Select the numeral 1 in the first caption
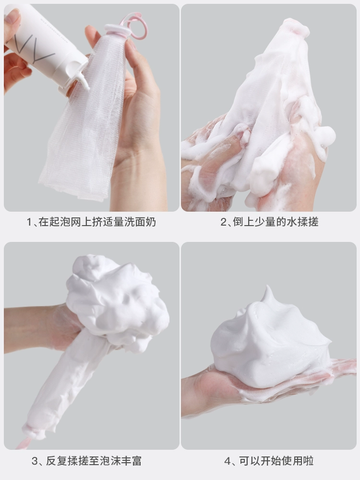29,222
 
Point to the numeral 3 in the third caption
35,461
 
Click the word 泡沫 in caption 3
110,461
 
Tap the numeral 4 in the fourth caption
228,461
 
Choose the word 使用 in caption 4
292,461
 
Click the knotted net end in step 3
32,432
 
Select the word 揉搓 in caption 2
308,222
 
